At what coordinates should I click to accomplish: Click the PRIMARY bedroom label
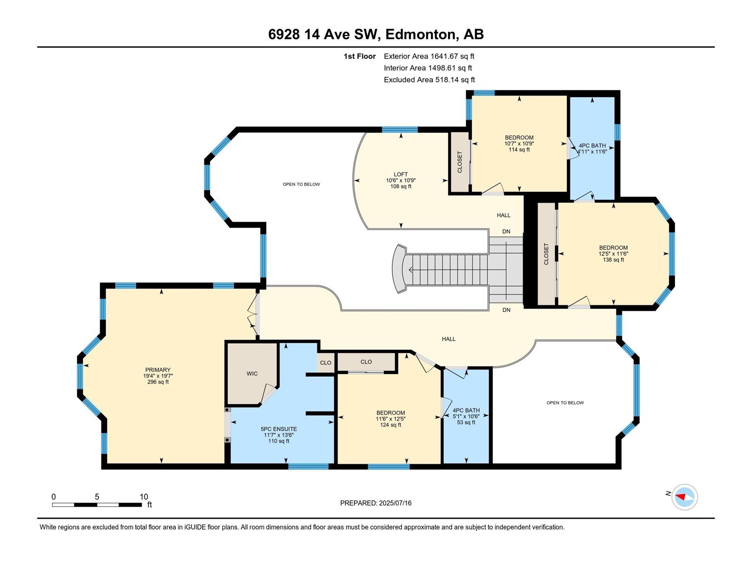pos(158,370)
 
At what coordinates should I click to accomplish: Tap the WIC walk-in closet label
pos(252,374)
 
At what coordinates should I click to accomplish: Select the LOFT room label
pos(400,174)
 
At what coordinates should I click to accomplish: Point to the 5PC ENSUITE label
pos(279,429)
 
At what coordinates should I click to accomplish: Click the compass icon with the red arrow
pos(684,497)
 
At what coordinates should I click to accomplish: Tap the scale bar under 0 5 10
pos(97,505)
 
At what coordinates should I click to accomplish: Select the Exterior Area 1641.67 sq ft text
pos(429,56)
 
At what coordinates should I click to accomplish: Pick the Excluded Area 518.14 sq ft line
pos(429,80)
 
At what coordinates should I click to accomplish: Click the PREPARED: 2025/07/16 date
pos(376,503)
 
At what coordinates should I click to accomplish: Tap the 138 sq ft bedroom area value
pos(613,260)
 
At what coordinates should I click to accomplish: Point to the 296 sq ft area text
pos(158,382)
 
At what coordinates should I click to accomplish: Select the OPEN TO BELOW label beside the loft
pos(301,184)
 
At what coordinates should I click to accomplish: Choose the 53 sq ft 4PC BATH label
pos(466,416)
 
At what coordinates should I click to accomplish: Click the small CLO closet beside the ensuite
pos(325,363)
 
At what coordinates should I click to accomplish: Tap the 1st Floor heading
pos(360,56)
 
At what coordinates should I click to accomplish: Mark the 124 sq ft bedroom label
pos(391,419)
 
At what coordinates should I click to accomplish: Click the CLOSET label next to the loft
pos(460,162)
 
